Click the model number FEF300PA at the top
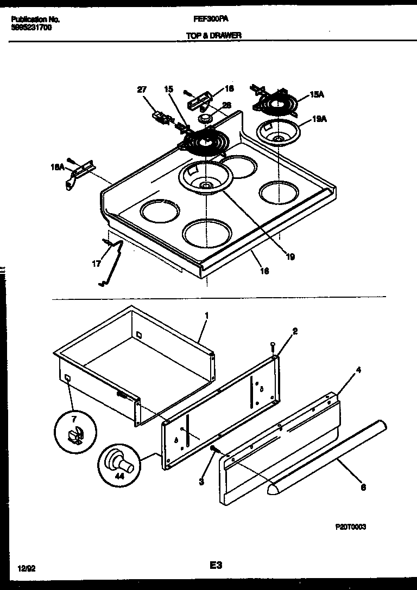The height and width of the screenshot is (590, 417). [x=211, y=18]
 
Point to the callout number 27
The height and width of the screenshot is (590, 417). [x=142, y=90]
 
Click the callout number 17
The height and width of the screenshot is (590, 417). [x=96, y=265]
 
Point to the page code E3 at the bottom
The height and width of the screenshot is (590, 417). [x=216, y=565]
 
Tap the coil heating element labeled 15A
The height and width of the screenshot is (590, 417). [x=275, y=103]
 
